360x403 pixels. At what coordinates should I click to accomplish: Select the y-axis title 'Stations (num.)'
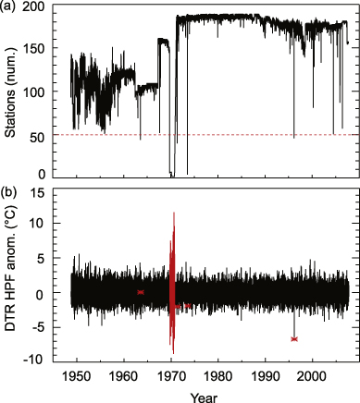[x=11, y=91]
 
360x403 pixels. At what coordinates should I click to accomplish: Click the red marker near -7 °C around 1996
[x=294, y=339]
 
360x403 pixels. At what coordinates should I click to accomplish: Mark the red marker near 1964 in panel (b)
[x=141, y=292]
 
